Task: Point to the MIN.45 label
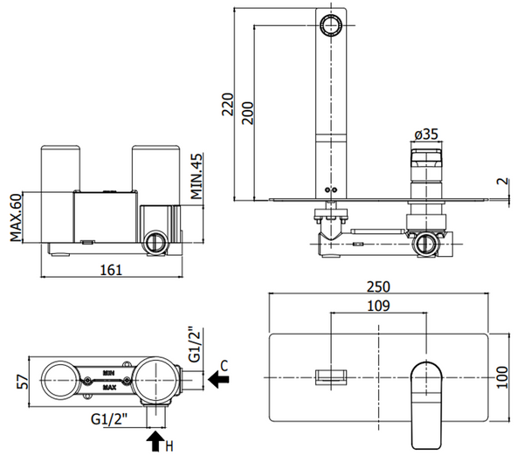(198, 175)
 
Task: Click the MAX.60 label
(16, 219)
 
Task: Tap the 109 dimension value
(379, 307)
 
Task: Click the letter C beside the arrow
(224, 365)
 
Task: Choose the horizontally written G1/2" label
(111, 418)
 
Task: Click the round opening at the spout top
(332, 24)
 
